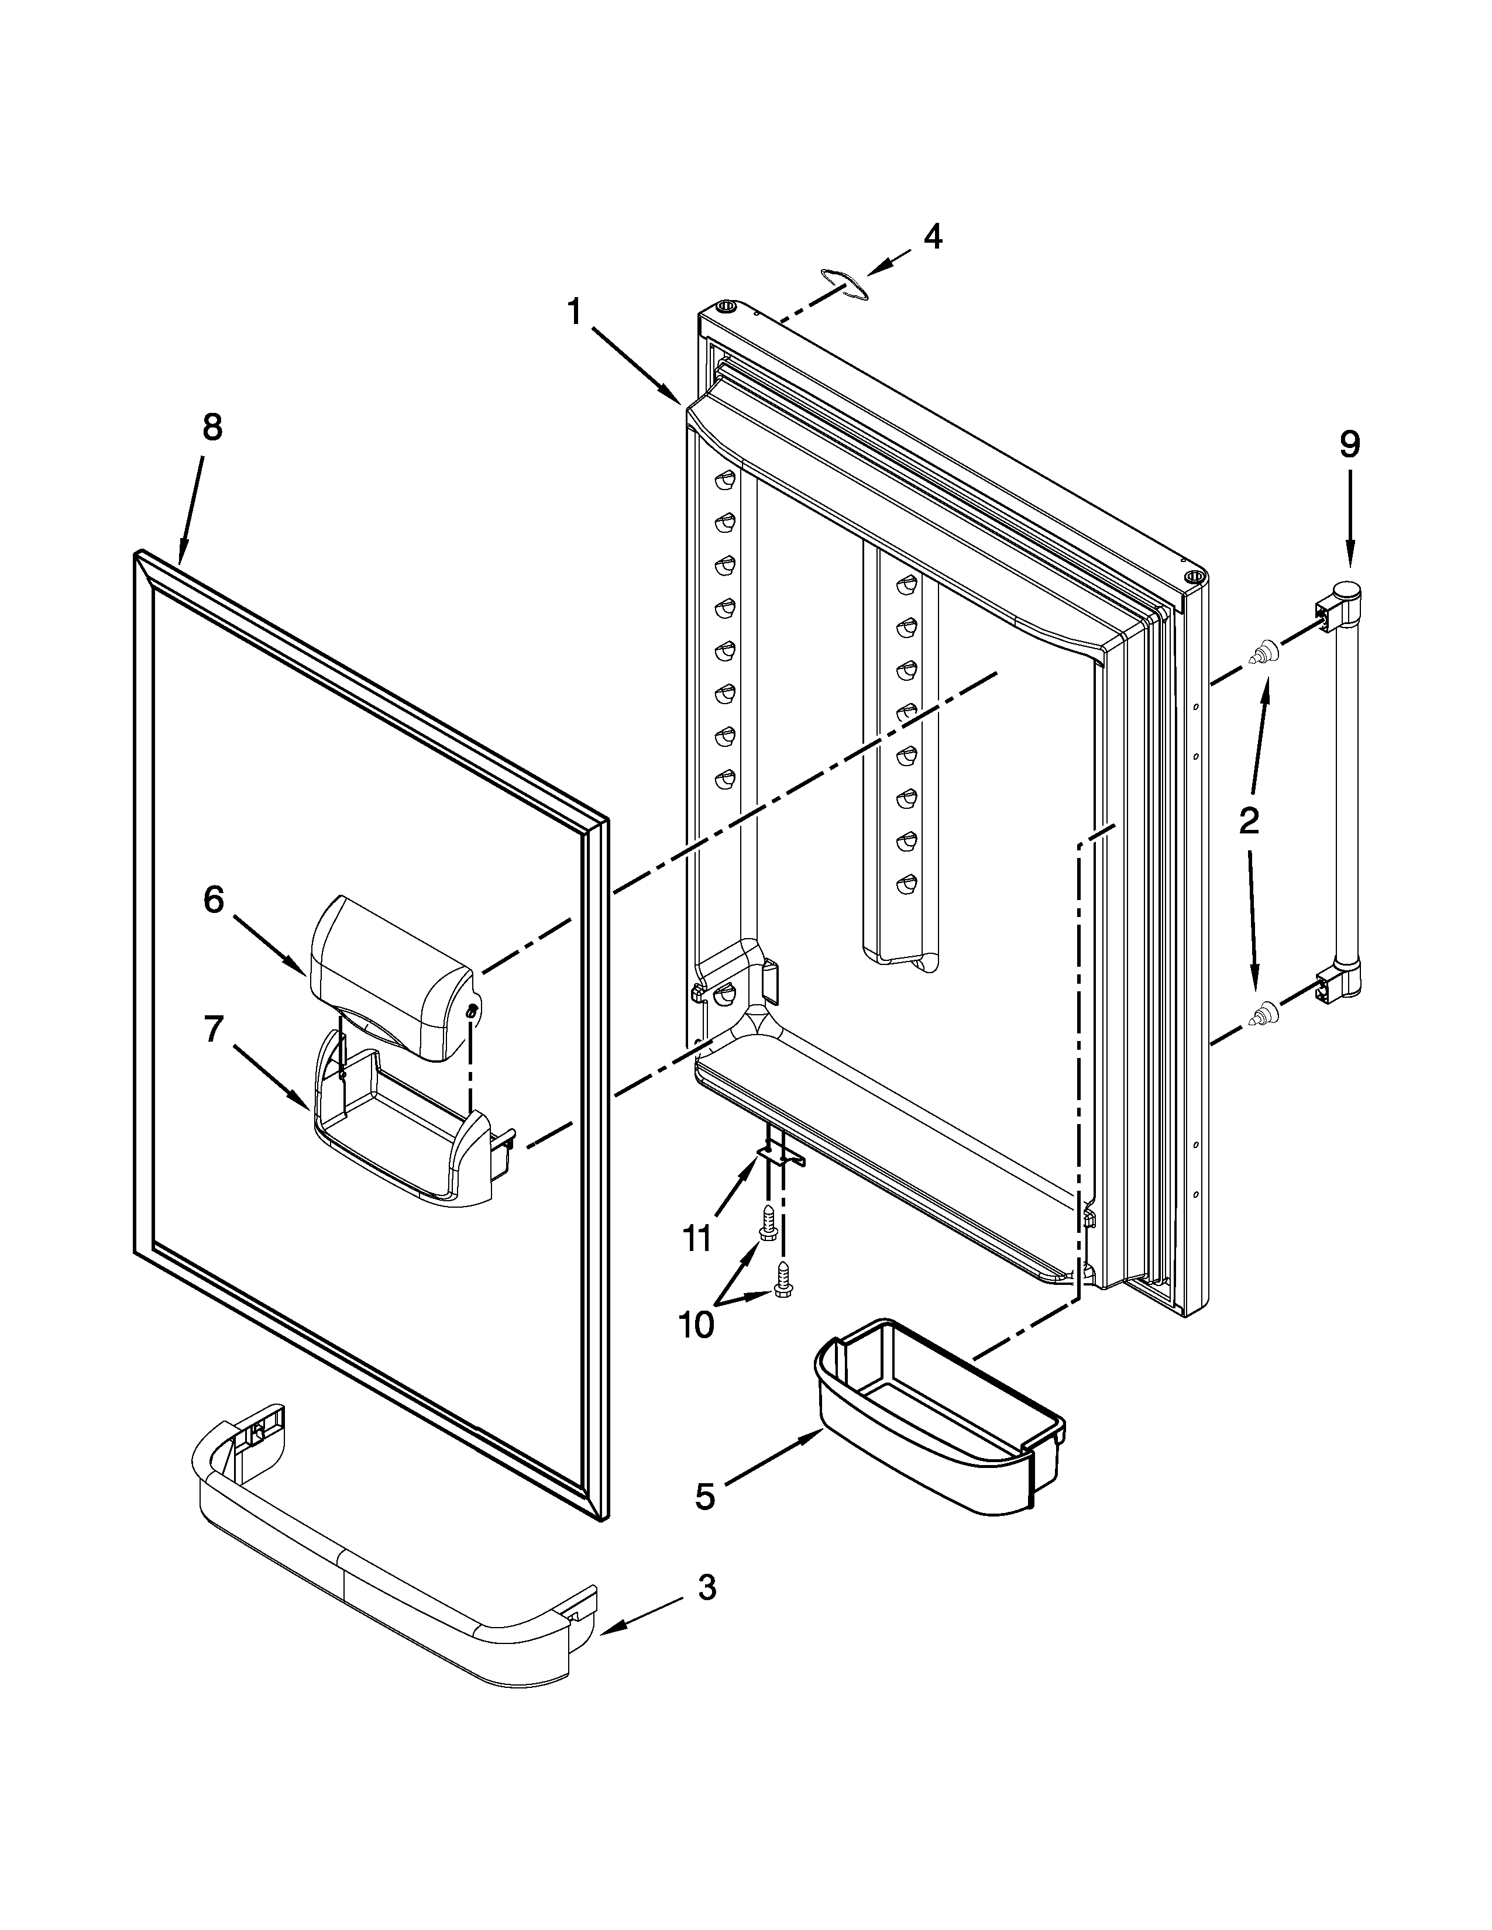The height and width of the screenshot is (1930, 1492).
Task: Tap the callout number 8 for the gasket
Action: [x=212, y=428]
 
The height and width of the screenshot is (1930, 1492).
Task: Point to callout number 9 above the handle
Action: [x=1349, y=444]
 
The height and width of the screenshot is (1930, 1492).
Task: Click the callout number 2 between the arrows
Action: [x=1248, y=822]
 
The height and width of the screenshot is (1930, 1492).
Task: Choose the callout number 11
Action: [x=697, y=1239]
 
